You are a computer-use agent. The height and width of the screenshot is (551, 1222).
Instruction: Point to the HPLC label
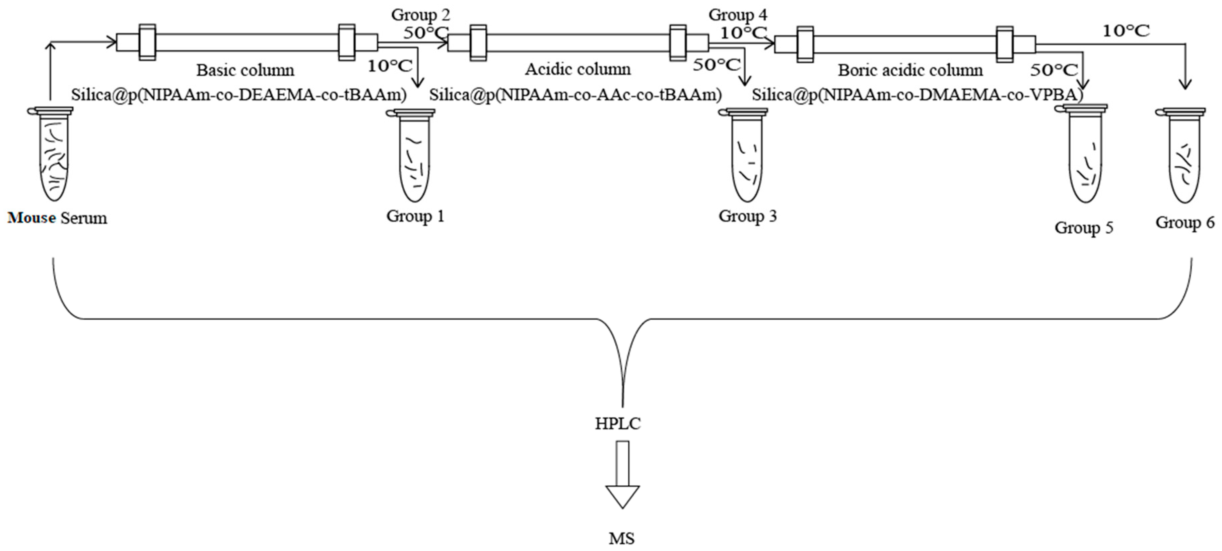pyautogui.click(x=618, y=423)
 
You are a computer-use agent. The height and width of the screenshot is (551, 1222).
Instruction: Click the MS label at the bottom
pyautogui.click(x=621, y=539)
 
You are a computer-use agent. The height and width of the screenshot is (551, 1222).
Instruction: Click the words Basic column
pyautogui.click(x=245, y=70)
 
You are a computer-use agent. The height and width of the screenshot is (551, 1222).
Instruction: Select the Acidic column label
pyautogui.click(x=577, y=69)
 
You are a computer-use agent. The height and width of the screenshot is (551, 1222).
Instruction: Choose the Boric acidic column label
pyautogui.click(x=910, y=70)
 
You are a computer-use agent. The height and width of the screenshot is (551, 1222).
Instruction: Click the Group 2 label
pyautogui.click(x=420, y=15)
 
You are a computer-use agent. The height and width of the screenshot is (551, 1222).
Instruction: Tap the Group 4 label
pyautogui.click(x=738, y=15)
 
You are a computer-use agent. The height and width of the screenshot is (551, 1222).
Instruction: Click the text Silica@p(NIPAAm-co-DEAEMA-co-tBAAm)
pyautogui.click(x=239, y=95)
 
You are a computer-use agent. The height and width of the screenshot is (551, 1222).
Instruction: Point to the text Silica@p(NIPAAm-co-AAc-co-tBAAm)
pyautogui.click(x=575, y=95)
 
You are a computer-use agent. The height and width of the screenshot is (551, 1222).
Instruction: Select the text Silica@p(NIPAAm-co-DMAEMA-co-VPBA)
pyautogui.click(x=918, y=95)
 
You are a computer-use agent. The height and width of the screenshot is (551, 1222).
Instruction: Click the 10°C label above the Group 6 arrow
pyautogui.click(x=1126, y=31)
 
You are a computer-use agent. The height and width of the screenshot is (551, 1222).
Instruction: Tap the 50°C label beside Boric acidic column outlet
pyautogui.click(x=1054, y=70)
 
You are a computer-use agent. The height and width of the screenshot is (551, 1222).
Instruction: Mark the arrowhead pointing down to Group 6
pyautogui.click(x=1185, y=84)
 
